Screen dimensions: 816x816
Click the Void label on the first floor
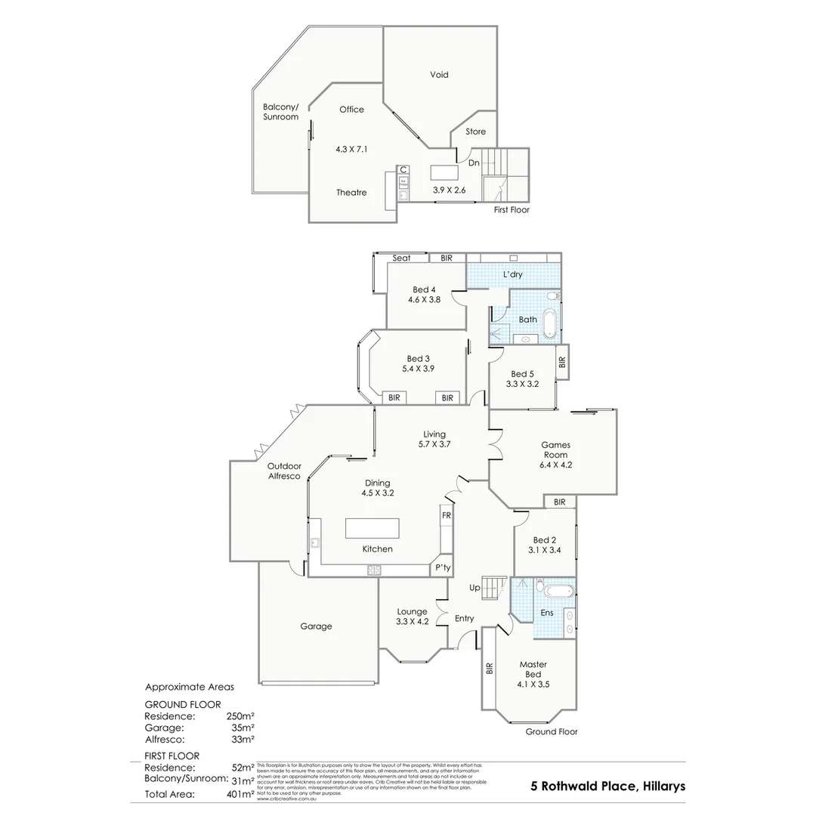click(x=439, y=75)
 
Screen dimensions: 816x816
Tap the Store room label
click(x=475, y=131)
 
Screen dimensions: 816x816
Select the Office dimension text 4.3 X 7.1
click(x=351, y=150)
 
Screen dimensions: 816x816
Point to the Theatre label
click(x=351, y=193)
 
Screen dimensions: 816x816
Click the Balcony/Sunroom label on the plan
click(x=280, y=112)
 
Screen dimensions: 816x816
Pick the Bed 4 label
click(x=424, y=289)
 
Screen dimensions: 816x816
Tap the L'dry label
click(x=513, y=274)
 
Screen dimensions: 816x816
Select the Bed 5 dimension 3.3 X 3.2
click(x=521, y=384)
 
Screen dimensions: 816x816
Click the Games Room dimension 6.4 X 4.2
click(x=555, y=465)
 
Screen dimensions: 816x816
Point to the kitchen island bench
click(x=377, y=528)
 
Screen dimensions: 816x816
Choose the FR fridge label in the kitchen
click(x=446, y=515)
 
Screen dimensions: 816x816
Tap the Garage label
click(x=316, y=626)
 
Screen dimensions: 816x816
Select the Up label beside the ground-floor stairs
click(x=475, y=587)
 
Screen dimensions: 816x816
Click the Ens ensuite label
click(x=547, y=613)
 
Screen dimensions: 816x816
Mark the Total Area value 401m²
click(x=240, y=794)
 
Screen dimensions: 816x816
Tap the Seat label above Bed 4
click(x=401, y=258)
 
